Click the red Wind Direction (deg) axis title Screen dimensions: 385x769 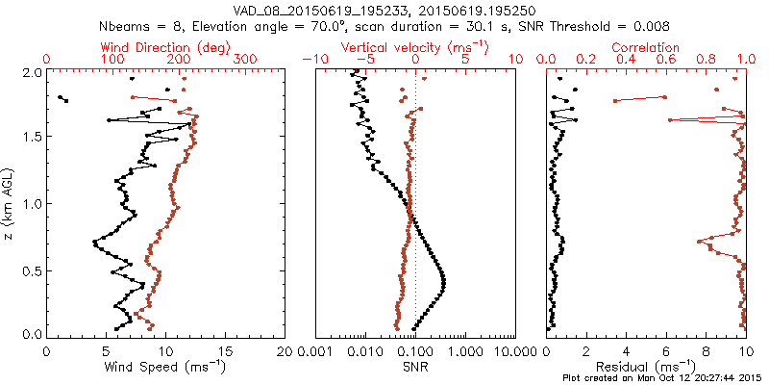click(x=165, y=47)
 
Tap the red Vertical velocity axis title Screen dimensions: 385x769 click(x=415, y=47)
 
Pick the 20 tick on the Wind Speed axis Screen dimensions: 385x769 click(x=285, y=350)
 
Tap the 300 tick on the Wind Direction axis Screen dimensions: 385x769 click(x=246, y=59)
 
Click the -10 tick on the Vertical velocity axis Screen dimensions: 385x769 click(x=313, y=59)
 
